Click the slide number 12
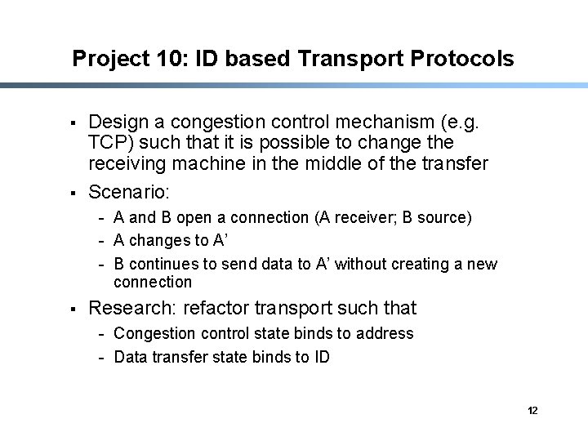tap(532, 410)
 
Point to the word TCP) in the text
tap(109, 143)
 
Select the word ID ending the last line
tap(320, 357)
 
